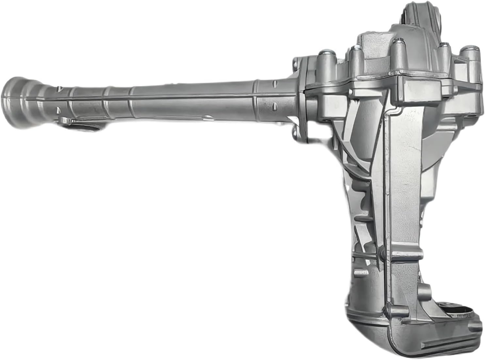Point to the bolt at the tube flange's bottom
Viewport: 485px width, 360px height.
(x=296, y=132)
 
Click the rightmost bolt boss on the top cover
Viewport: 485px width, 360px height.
(x=470, y=54)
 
